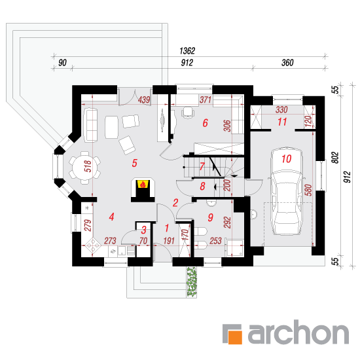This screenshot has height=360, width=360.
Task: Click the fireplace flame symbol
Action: pyautogui.click(x=143, y=184)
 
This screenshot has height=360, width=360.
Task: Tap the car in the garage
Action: pyautogui.click(x=287, y=191)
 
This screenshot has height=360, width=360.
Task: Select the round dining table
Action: pyautogui.click(x=84, y=168)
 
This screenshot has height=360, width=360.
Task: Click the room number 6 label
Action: pyautogui.click(x=205, y=123)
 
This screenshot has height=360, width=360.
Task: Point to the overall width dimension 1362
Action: pyautogui.click(x=187, y=51)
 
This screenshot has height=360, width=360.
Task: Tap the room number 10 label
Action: pyautogui.click(x=286, y=158)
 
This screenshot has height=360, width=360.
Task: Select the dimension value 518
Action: pyautogui.click(x=88, y=166)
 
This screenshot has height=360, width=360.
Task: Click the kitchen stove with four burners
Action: pyautogui.click(x=92, y=245)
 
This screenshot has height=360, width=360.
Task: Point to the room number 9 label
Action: pyautogui.click(x=210, y=217)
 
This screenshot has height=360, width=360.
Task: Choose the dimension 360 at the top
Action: pyautogui.click(x=287, y=63)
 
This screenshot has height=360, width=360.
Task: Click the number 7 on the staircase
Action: pyautogui.click(x=202, y=166)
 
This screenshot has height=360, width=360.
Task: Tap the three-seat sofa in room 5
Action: pyautogui.click(x=91, y=125)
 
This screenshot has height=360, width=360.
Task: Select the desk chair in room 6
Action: pyautogui.click(x=188, y=113)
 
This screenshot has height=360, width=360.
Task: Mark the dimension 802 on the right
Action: pyautogui.click(x=336, y=158)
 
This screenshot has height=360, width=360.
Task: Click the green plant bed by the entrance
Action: pyautogui.click(x=192, y=281)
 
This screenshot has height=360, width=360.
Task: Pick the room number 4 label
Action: pyautogui.click(x=111, y=217)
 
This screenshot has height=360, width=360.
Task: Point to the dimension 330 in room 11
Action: pyautogui.click(x=281, y=110)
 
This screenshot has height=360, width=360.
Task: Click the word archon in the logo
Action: pyautogui.click(x=298, y=333)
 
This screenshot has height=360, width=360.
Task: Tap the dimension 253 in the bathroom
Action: pyautogui.click(x=215, y=241)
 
